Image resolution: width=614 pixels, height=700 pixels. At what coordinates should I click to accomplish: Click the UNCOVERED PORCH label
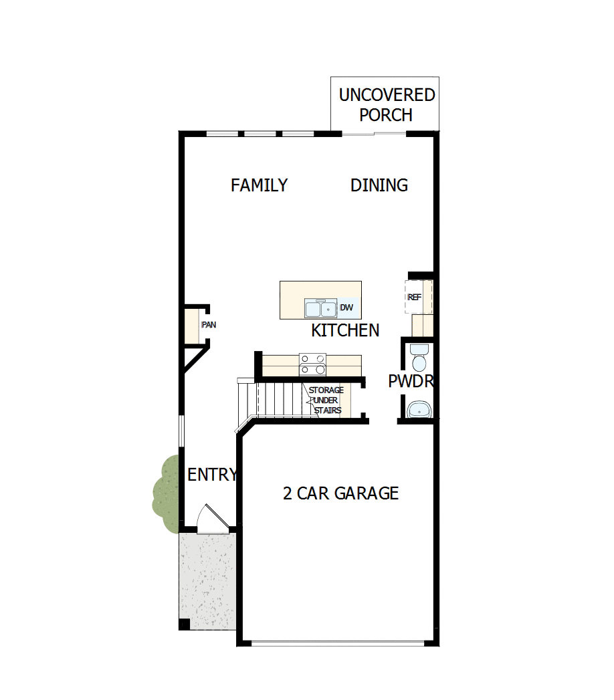click(386, 105)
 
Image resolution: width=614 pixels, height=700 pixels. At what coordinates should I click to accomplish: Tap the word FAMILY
click(259, 185)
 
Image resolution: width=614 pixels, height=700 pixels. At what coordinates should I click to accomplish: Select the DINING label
click(379, 185)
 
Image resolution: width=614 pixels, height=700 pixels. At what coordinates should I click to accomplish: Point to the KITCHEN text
click(345, 330)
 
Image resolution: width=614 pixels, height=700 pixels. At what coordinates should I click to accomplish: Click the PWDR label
click(411, 382)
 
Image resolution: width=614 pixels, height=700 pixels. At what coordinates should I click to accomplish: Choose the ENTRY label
click(211, 475)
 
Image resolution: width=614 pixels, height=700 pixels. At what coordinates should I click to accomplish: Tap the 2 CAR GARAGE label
click(340, 493)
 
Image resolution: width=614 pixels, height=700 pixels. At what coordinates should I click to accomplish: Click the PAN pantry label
click(209, 325)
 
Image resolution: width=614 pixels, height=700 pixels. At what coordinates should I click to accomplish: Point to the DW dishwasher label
click(346, 308)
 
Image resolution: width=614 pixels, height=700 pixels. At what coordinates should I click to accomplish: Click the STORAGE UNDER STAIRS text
click(326, 400)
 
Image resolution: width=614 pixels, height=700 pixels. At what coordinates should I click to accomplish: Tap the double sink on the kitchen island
click(320, 308)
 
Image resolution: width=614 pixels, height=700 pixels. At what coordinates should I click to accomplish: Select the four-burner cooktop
click(312, 364)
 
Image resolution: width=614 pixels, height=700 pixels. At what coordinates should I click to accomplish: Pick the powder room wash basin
click(419, 409)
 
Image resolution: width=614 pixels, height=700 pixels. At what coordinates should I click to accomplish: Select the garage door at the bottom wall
click(338, 644)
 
